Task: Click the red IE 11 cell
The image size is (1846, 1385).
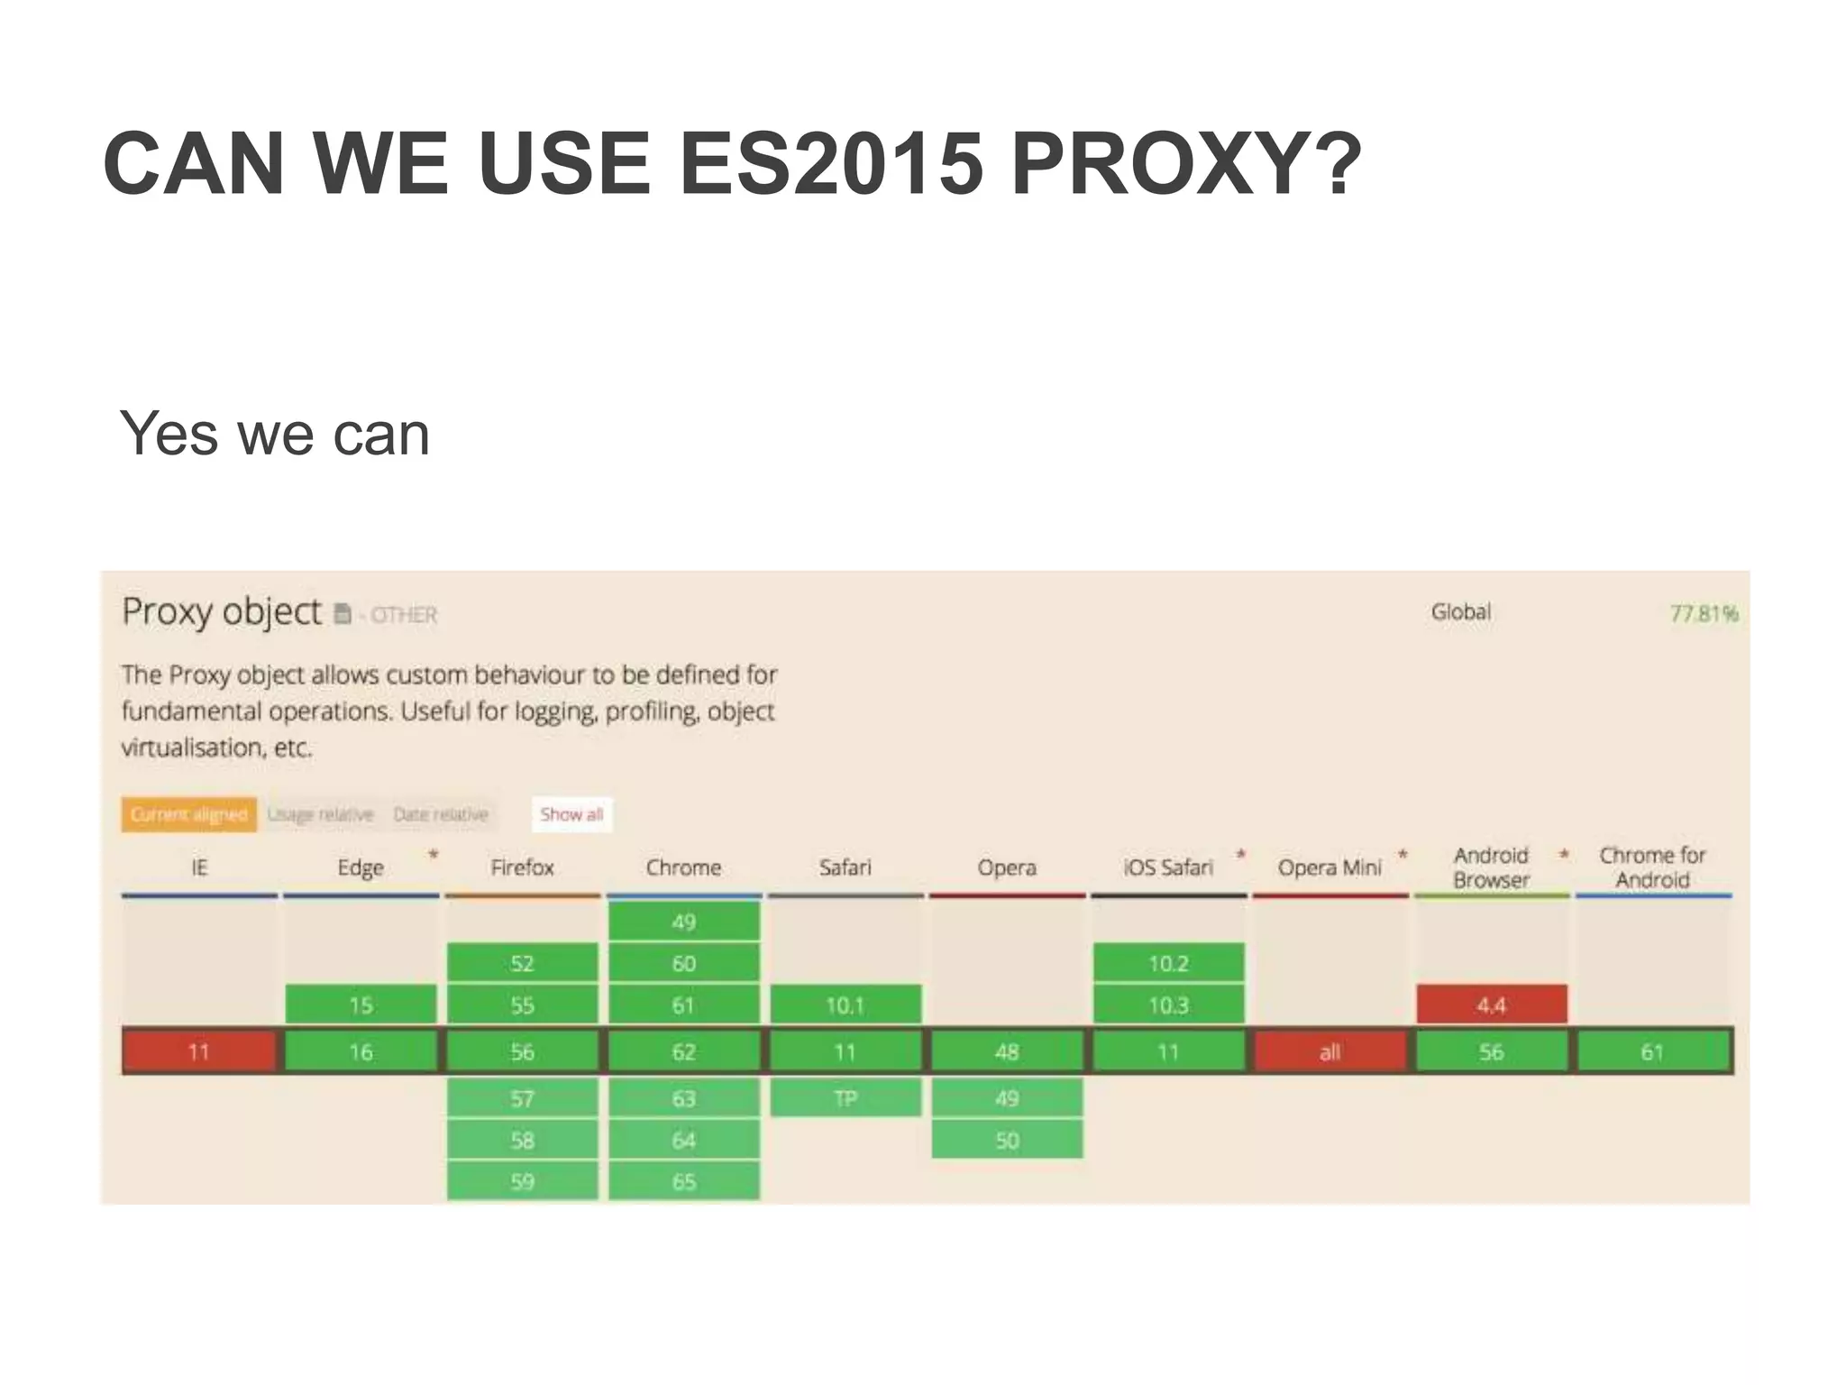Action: pos(199,1051)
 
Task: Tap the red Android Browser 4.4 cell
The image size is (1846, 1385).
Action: pos(1491,1004)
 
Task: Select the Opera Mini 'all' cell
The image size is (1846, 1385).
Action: pos(1330,1051)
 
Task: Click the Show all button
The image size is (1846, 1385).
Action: pos(571,814)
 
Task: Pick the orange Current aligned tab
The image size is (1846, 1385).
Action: pos(188,814)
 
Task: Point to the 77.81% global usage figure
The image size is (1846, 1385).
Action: pos(1703,614)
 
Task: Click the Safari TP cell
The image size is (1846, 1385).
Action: pos(845,1098)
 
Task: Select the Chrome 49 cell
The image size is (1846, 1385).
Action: pos(683,922)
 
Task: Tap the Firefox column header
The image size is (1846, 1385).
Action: pos(522,867)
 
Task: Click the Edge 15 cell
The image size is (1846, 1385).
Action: pos(361,1004)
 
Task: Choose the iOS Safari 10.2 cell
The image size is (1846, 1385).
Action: pos(1168,963)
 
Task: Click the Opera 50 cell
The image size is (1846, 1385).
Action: pos(1007,1141)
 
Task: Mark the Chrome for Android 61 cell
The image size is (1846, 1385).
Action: pos(1652,1051)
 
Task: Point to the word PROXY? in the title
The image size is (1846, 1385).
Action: pos(1184,164)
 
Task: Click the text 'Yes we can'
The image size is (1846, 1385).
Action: pos(275,435)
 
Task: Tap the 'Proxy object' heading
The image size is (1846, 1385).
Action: pos(222,611)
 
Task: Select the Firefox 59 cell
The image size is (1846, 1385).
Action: pos(522,1181)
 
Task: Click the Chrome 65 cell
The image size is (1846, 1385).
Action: pos(683,1181)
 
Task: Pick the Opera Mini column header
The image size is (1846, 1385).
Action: pos(1330,867)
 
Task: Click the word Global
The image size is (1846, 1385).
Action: pos(1460,612)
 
